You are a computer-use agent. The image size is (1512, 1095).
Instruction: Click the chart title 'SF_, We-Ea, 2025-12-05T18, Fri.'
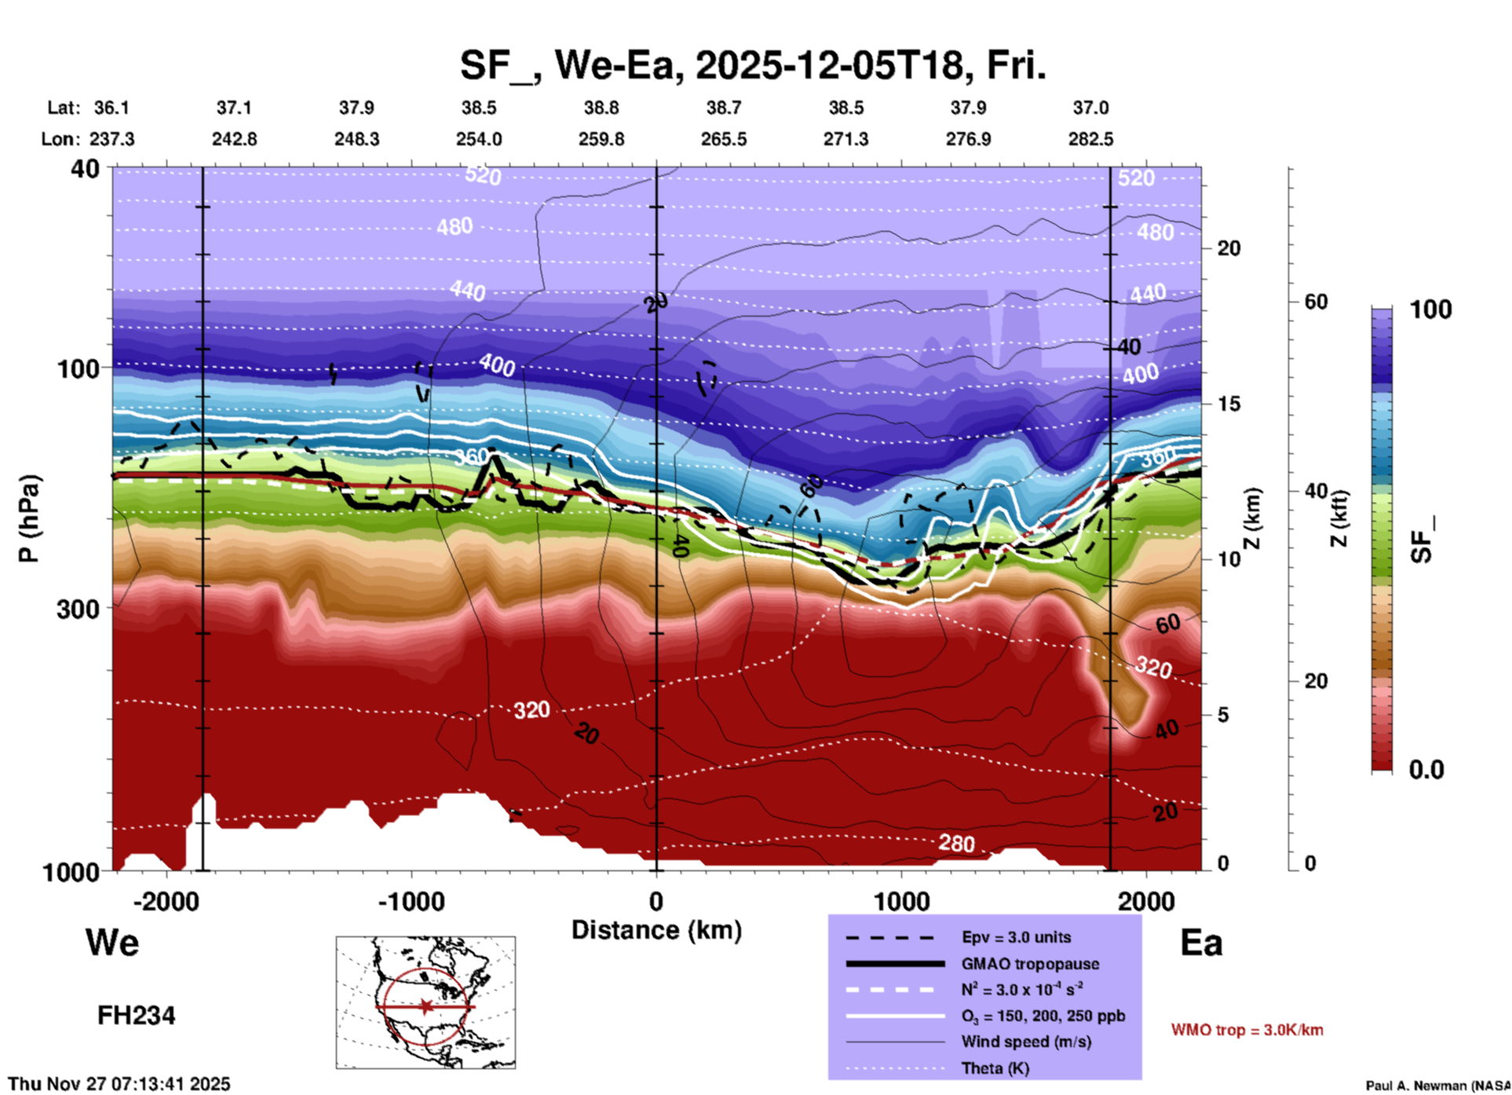[752, 64]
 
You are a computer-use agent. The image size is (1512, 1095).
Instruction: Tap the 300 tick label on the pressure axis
[79, 609]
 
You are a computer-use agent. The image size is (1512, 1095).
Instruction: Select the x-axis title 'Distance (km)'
[656, 930]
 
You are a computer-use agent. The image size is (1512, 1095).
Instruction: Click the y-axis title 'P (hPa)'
[29, 518]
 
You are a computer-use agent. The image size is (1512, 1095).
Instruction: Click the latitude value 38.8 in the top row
[601, 108]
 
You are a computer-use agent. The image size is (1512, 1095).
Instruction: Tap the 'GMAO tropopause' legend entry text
[1030, 964]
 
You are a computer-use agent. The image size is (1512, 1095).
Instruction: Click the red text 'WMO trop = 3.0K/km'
[1247, 1030]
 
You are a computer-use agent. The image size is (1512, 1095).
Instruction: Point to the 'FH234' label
[136, 1016]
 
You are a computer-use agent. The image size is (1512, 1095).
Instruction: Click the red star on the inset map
[425, 1006]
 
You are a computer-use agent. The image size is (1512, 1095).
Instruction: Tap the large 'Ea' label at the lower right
[1201, 943]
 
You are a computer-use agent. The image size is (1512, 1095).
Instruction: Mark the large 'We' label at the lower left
[112, 942]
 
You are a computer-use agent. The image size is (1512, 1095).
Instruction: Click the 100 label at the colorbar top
[1430, 309]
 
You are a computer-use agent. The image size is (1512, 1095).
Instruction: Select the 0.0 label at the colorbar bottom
[1426, 770]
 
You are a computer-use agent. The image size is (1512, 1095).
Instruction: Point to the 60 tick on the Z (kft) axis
[1316, 302]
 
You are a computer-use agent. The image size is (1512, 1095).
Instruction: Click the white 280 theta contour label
[956, 844]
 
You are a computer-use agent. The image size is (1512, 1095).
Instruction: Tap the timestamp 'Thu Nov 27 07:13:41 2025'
[119, 1084]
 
